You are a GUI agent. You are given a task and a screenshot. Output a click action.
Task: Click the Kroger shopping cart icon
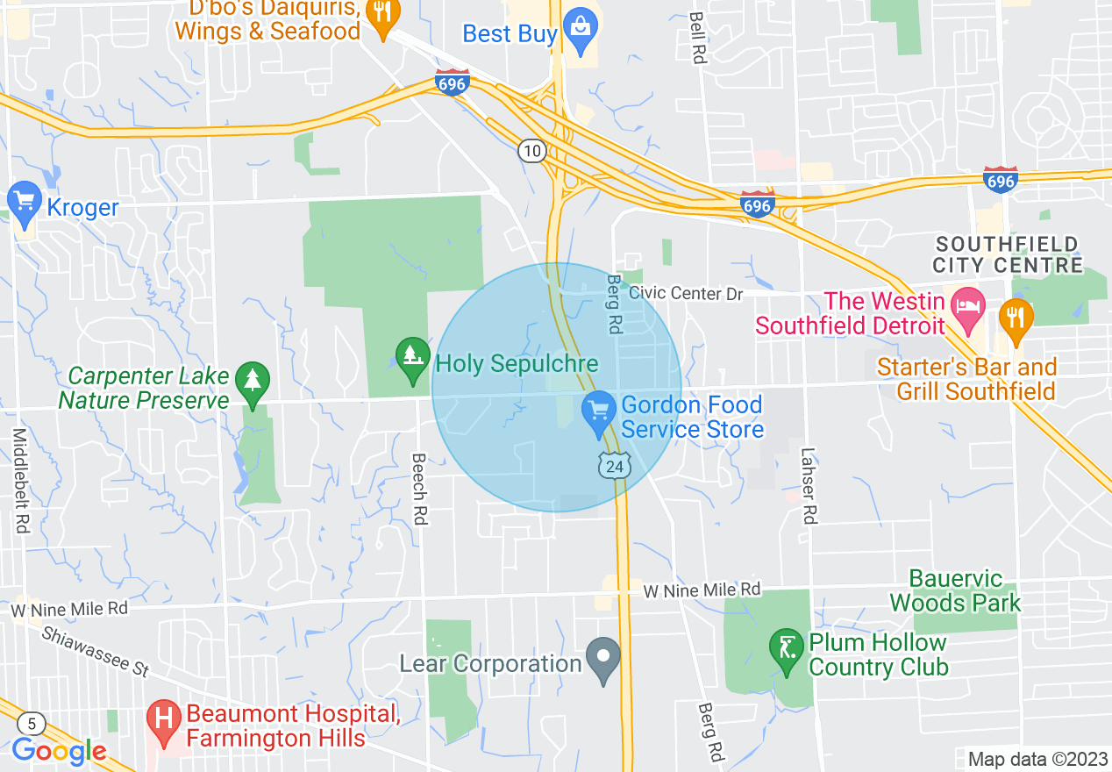tap(24, 204)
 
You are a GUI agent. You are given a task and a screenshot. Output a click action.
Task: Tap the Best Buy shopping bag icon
tap(580, 31)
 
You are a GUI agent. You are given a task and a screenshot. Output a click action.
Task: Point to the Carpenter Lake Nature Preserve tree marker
tap(253, 383)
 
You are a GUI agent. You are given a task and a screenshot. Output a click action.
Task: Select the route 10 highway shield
tap(531, 151)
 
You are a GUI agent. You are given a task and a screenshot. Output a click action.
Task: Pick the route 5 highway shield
tap(32, 723)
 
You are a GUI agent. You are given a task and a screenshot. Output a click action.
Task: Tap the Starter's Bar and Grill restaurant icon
tap(1016, 319)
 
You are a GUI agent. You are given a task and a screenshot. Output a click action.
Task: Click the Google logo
tap(60, 751)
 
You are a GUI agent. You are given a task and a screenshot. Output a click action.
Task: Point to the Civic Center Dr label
tap(686, 293)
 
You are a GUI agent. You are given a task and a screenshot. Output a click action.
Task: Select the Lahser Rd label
tap(809, 487)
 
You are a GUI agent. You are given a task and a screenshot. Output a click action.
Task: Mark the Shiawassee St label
tap(95, 651)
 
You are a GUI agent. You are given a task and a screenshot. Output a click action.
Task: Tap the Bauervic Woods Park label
tap(955, 590)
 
